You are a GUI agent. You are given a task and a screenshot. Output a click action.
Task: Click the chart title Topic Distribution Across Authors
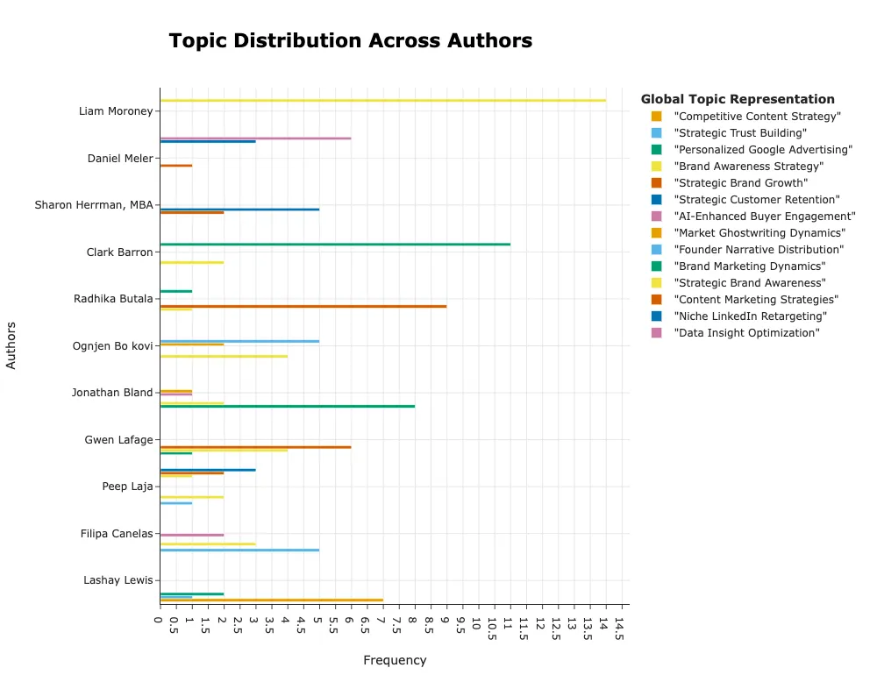pos(350,41)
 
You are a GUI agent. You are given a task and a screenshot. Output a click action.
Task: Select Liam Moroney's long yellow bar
pos(382,101)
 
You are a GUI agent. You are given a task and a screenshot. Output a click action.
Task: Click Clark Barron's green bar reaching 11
pos(335,244)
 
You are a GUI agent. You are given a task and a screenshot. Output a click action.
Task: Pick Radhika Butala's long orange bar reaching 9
pos(303,306)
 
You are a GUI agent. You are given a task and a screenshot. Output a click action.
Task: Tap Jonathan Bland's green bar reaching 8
pos(287,406)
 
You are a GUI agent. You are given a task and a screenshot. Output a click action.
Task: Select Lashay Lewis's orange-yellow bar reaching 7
pos(271,600)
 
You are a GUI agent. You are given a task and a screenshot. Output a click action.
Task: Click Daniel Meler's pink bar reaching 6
pos(255,138)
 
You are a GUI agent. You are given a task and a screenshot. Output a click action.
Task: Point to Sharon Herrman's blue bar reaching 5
pos(239,209)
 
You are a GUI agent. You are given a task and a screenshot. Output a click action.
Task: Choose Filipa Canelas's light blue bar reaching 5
pos(239,550)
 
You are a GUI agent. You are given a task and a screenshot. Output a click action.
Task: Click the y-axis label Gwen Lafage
pos(118,440)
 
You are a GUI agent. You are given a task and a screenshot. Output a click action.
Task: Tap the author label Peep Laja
pos(127,487)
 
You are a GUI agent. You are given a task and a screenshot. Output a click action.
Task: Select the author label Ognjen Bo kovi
pos(112,346)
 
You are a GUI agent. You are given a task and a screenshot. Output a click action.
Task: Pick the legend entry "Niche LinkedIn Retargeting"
pos(750,316)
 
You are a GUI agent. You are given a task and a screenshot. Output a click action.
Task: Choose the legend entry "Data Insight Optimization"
pos(746,333)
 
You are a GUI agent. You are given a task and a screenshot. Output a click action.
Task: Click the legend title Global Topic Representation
pos(738,99)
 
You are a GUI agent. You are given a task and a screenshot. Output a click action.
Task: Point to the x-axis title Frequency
pos(395,660)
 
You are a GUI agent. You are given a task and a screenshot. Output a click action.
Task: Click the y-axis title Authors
pos(11,345)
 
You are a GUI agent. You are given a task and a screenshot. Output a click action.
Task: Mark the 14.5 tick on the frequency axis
pos(618,627)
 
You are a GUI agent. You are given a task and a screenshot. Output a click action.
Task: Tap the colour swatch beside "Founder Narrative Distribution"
pos(656,250)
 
